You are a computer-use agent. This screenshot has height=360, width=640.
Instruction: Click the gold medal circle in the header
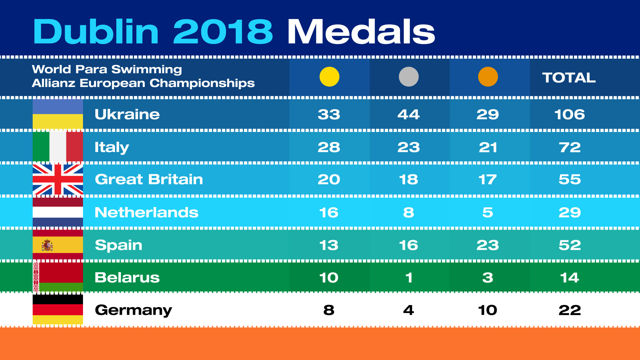[x=329, y=77]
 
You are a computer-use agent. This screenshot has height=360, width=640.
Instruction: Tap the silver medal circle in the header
[x=409, y=77]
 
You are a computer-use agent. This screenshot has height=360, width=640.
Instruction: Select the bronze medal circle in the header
[x=488, y=77]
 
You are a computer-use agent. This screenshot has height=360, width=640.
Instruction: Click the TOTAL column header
[x=569, y=78]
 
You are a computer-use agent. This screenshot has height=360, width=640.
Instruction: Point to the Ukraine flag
[x=58, y=114]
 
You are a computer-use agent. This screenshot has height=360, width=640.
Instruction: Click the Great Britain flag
[x=58, y=179]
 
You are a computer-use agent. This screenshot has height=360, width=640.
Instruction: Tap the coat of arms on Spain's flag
[x=47, y=245]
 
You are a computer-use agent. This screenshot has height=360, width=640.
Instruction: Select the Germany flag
[x=58, y=310]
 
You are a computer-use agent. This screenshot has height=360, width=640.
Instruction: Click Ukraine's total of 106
[x=569, y=114]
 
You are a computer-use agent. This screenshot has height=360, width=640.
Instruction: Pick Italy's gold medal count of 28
[x=329, y=147]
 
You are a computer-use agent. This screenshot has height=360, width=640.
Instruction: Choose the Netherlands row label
[x=146, y=212]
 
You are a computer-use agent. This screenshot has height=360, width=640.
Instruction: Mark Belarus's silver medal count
[x=409, y=278]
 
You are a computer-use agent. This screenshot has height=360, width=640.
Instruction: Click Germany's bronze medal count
[x=487, y=310]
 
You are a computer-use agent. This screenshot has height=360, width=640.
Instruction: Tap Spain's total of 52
[x=570, y=245]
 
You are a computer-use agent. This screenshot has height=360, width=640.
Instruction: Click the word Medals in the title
[x=361, y=31]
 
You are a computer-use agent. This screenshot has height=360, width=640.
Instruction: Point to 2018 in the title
[x=223, y=31]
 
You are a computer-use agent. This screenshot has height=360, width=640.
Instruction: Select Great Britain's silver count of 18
[x=408, y=180]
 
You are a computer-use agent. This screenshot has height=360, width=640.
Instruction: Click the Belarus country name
[x=127, y=277]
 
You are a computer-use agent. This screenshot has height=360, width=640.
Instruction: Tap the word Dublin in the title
[x=96, y=31]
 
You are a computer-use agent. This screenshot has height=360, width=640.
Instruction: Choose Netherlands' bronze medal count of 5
[x=487, y=212]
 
